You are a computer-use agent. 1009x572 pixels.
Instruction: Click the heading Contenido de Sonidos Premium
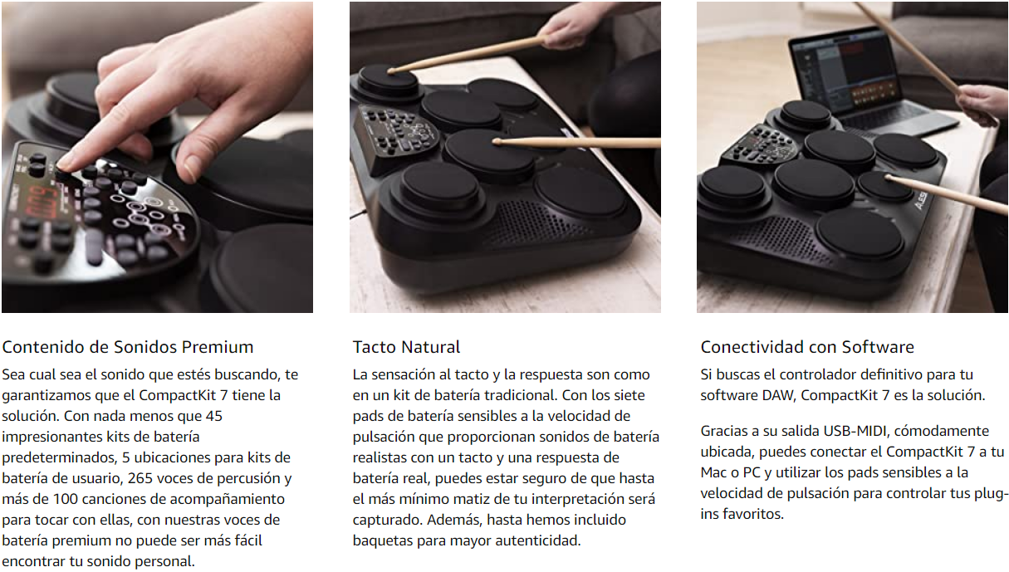click(x=128, y=347)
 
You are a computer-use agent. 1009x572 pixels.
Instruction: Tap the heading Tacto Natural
click(x=406, y=347)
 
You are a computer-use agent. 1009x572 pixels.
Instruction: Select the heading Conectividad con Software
click(x=807, y=347)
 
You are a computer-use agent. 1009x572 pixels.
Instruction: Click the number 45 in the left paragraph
click(x=214, y=416)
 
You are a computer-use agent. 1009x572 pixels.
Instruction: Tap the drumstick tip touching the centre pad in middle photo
click(x=497, y=142)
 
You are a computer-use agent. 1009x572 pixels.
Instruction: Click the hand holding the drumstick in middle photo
click(x=572, y=25)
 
